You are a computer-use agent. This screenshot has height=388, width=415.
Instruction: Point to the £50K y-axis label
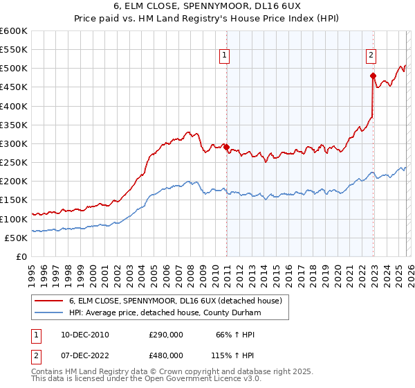[x=15, y=238]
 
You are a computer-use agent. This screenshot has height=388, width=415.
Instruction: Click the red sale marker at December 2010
[x=226, y=147]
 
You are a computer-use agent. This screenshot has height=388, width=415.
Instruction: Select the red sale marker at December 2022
[x=373, y=76]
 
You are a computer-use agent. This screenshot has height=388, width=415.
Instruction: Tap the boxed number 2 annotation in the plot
[x=371, y=56]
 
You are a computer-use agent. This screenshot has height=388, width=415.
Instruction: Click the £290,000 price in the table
[x=166, y=335]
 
